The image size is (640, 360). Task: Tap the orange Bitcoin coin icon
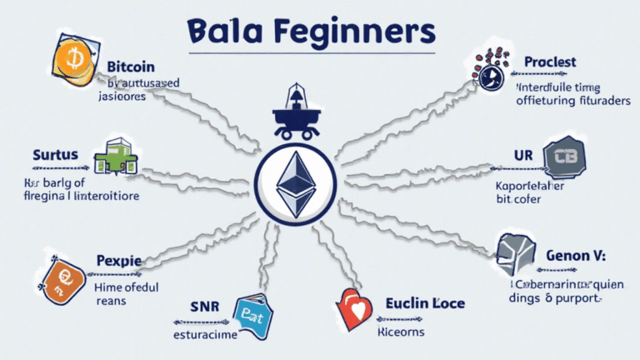[x=72, y=60]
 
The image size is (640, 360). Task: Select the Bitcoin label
[x=131, y=65]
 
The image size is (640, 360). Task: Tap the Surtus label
[x=56, y=155]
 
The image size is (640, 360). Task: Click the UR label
[x=522, y=156]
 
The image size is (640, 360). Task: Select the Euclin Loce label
[x=425, y=303]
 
